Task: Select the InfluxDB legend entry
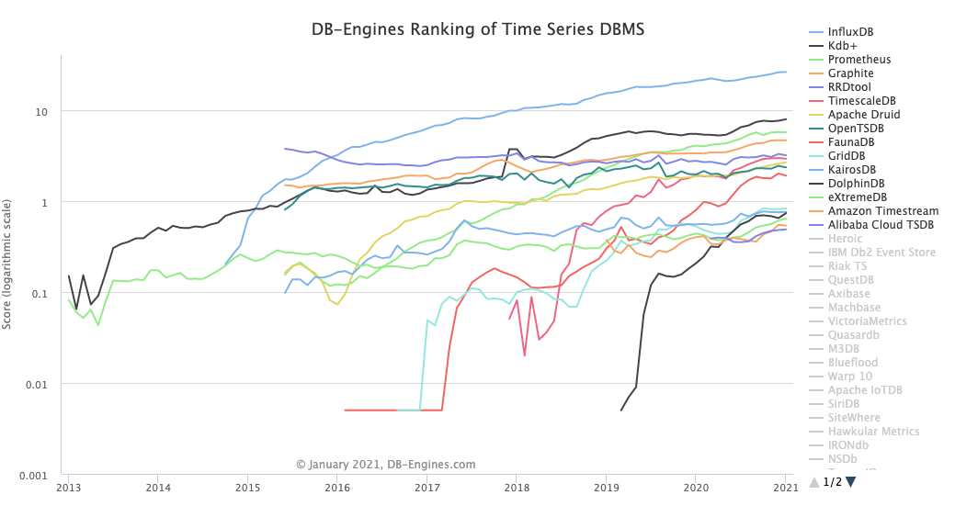(x=850, y=32)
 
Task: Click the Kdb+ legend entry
(x=843, y=46)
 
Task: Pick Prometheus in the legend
(x=858, y=60)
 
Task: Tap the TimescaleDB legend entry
(x=861, y=101)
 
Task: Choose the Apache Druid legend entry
(x=863, y=115)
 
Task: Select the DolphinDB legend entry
(x=855, y=184)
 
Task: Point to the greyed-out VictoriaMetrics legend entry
(x=867, y=321)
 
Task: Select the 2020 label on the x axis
(x=697, y=488)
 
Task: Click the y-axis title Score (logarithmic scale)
(x=8, y=267)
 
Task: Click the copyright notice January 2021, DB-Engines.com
(x=386, y=465)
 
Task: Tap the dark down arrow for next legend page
(x=851, y=482)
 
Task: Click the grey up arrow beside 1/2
(x=814, y=482)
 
